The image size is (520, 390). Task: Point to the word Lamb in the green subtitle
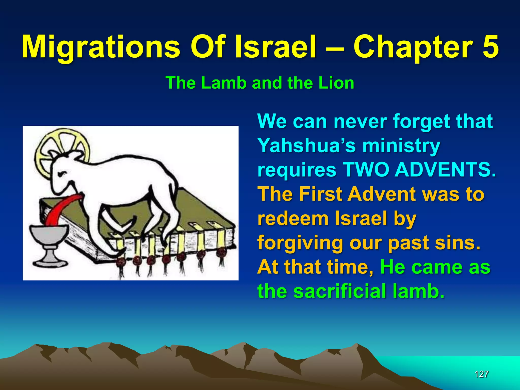(x=224, y=83)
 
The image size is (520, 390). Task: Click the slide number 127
(x=481, y=374)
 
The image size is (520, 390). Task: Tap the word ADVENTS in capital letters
(x=445, y=170)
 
